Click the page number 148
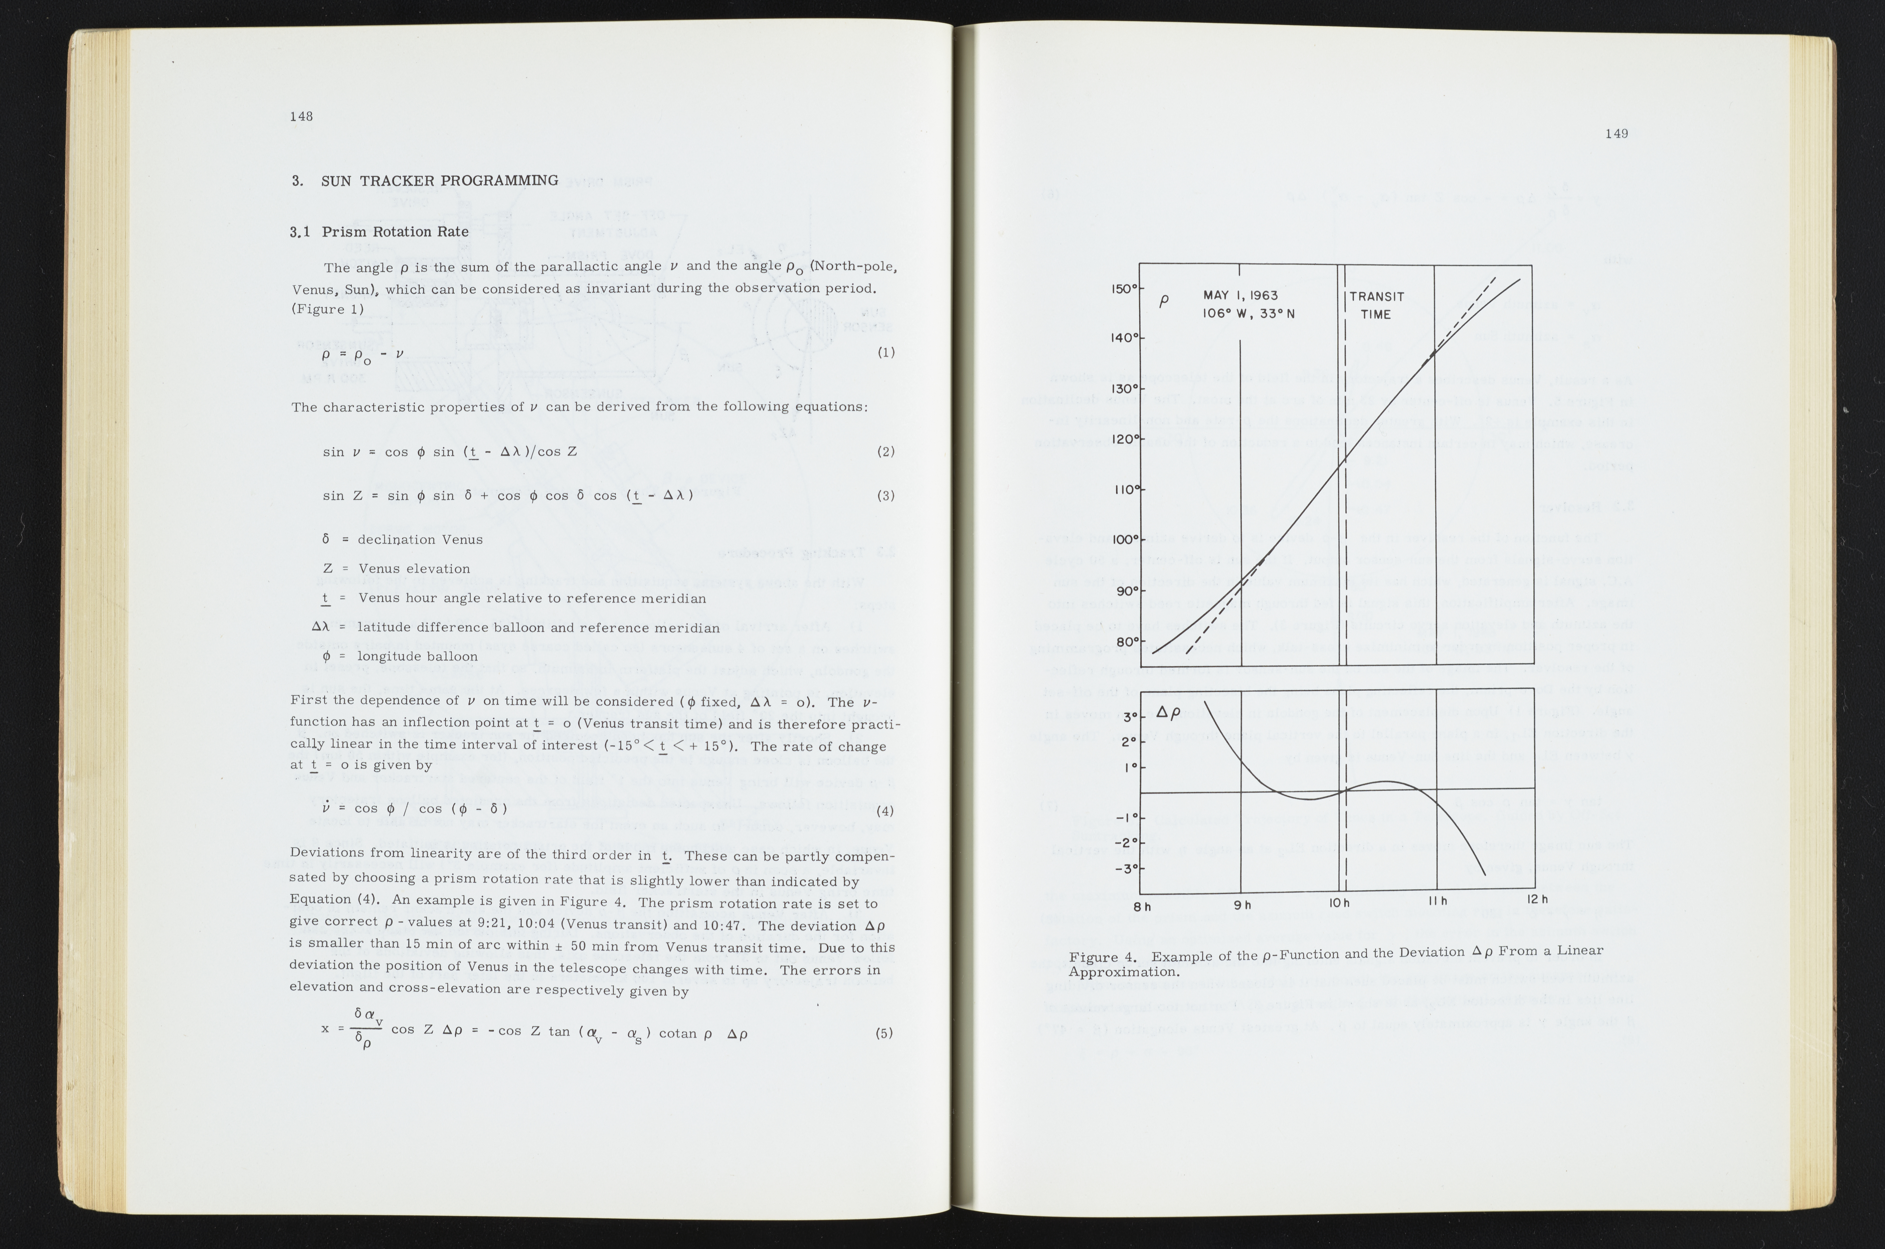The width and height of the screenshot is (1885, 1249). point(301,116)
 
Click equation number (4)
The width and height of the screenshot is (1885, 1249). point(884,811)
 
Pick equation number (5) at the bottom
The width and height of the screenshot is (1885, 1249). point(884,1033)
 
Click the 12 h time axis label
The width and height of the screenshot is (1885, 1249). point(1537,899)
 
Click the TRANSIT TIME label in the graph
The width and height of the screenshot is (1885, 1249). point(1376,305)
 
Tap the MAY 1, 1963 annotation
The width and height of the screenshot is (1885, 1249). point(1240,295)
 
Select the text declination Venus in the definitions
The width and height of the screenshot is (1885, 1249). point(420,539)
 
